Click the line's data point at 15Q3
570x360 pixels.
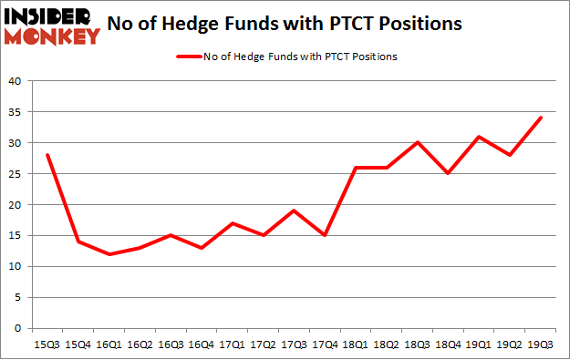46,155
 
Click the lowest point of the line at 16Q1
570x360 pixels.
109,254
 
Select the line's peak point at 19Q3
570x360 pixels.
541,118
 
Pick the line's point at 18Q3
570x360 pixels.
416,142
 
